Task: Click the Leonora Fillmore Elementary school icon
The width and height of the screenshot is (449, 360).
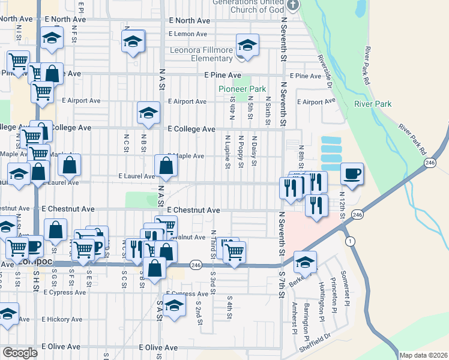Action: pyautogui.click(x=247, y=45)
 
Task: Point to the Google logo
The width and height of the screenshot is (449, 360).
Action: pyautogui.click(x=20, y=353)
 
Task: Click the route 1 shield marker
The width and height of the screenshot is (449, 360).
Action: pyautogui.click(x=349, y=240)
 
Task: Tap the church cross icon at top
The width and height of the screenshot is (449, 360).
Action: pyautogui.click(x=293, y=5)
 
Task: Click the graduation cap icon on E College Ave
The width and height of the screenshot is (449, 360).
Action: pyautogui.click(x=148, y=113)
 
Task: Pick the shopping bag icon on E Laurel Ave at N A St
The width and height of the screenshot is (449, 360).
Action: pyautogui.click(x=165, y=166)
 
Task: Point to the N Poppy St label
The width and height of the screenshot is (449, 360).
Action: pyautogui.click(x=240, y=151)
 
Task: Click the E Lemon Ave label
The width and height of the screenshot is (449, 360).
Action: pyautogui.click(x=188, y=34)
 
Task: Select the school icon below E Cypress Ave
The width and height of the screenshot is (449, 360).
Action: pyautogui.click(x=174, y=307)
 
